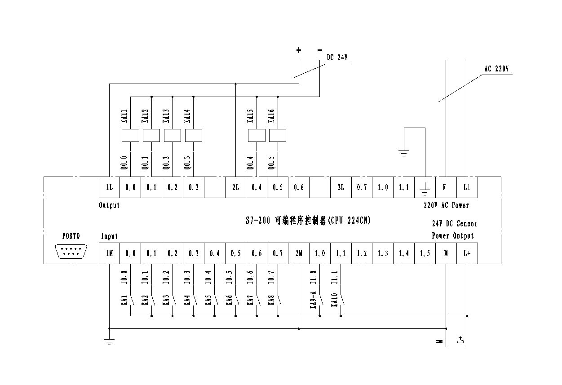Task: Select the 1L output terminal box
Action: tap(109, 187)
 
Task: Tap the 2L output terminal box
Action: tap(235, 187)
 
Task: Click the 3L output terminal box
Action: tap(341, 187)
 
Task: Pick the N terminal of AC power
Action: tap(446, 187)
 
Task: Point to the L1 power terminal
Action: tap(467, 187)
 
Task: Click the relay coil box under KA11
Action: tap(130, 135)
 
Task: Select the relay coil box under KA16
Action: tap(278, 135)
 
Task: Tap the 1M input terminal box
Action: tap(109, 253)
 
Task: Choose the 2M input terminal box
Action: tap(299, 253)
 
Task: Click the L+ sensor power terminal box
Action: tap(467, 253)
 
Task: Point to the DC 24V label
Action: tap(337, 58)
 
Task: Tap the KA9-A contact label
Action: tap(314, 301)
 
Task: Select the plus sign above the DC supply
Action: tap(299, 50)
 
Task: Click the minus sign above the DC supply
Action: tap(319, 50)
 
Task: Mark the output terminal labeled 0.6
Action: tap(299, 187)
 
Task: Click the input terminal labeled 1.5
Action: tap(425, 253)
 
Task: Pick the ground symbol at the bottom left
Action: tap(109, 341)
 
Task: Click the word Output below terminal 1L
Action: tap(109, 205)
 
